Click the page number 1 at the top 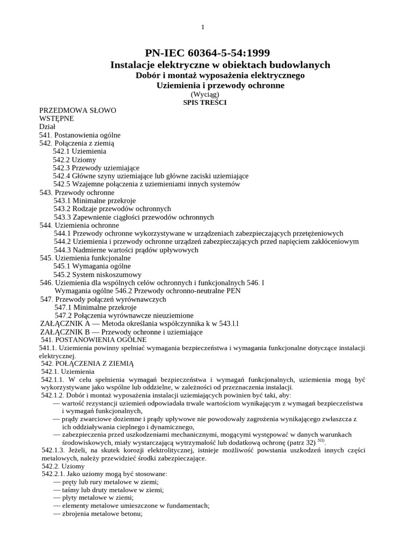(x=202, y=28)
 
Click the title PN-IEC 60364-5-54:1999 (x=207, y=52)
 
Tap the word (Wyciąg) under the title (x=205, y=94)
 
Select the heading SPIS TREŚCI (x=205, y=102)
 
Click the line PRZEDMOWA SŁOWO (x=77, y=111)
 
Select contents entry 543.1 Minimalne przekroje (x=95, y=201)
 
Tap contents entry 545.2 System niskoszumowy (x=97, y=275)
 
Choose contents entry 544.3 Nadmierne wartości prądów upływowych (x=126, y=250)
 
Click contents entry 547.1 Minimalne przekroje (x=95, y=308)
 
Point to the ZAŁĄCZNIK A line (x=140, y=324)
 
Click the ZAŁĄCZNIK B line (x=121, y=332)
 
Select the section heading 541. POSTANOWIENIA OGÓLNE (x=94, y=339)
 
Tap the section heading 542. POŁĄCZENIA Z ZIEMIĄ (x=88, y=364)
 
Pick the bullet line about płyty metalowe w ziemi (x=94, y=498)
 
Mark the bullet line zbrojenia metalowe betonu (x=98, y=513)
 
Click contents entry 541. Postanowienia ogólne (x=80, y=135)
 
